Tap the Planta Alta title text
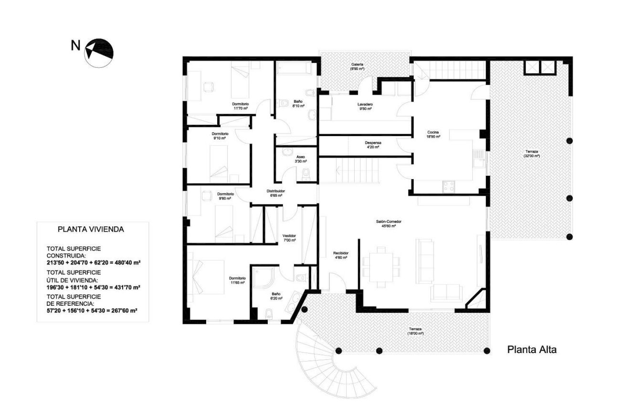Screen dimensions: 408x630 (x=531, y=349)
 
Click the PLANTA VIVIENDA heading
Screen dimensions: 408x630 (x=91, y=229)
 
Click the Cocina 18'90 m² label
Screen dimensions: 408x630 (x=433, y=134)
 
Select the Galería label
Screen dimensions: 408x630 (x=357, y=66)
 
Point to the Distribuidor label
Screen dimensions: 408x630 (x=275, y=193)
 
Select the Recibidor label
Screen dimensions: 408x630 (x=340, y=255)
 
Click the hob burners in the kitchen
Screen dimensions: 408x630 (x=449, y=187)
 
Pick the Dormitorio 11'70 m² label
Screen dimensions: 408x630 (x=240, y=106)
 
